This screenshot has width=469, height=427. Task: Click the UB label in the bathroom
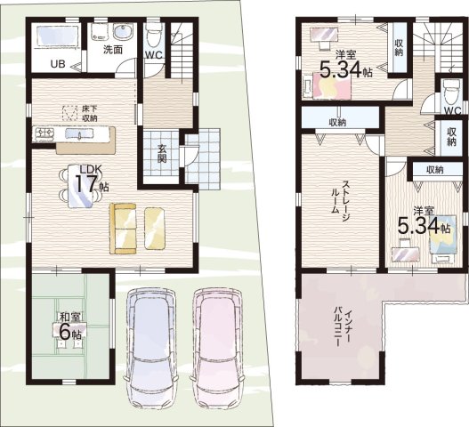tap(58, 63)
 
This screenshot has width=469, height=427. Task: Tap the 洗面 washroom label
tap(113, 49)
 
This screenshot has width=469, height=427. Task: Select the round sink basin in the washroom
tap(122, 31)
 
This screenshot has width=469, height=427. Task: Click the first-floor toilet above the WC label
tap(154, 36)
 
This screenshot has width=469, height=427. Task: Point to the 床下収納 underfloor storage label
tap(90, 113)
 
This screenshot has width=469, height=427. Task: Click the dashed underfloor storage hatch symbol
tap(69, 113)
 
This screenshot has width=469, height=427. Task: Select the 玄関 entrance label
tap(162, 153)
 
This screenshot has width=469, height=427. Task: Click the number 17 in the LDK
tap(86, 184)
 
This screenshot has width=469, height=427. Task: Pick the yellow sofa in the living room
tap(123, 229)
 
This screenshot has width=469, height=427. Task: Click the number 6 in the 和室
tap(65, 331)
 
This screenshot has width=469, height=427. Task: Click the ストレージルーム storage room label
tap(339, 197)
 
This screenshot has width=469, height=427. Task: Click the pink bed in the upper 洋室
tap(331, 85)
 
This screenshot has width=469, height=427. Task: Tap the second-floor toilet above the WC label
tap(450, 92)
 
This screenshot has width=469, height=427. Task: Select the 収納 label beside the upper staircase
tap(399, 47)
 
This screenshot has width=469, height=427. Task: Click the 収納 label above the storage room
tap(337, 122)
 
